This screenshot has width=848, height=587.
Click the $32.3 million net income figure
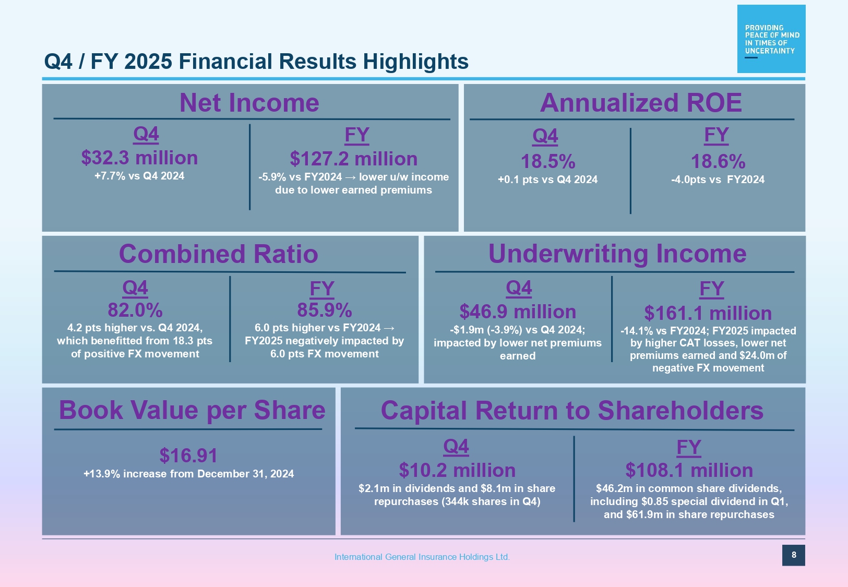click(139, 158)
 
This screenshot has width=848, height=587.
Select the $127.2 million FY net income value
click(354, 159)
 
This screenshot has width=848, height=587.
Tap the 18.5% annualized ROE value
click(548, 162)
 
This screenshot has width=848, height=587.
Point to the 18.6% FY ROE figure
click(718, 162)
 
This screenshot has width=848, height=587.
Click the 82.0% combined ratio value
click(135, 310)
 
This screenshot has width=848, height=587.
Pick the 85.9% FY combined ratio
click(325, 310)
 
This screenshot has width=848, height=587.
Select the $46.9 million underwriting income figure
click(518, 312)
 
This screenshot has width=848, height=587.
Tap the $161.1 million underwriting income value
click(708, 314)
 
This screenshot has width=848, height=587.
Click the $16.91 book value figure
click(188, 456)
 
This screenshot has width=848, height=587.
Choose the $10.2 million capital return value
click(457, 471)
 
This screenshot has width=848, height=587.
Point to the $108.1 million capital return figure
click(689, 471)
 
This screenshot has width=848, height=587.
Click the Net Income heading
click(249, 103)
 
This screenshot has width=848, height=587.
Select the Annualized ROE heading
click(640, 103)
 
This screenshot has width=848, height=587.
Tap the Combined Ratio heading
click(219, 254)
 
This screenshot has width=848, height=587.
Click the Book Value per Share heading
click(192, 410)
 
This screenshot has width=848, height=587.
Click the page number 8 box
click(794, 555)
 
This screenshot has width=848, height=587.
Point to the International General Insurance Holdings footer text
click(422, 557)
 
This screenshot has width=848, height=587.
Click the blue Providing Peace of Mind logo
click(771, 39)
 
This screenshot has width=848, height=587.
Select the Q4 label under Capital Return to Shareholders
click(456, 447)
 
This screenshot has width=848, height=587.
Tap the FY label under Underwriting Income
click(712, 289)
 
